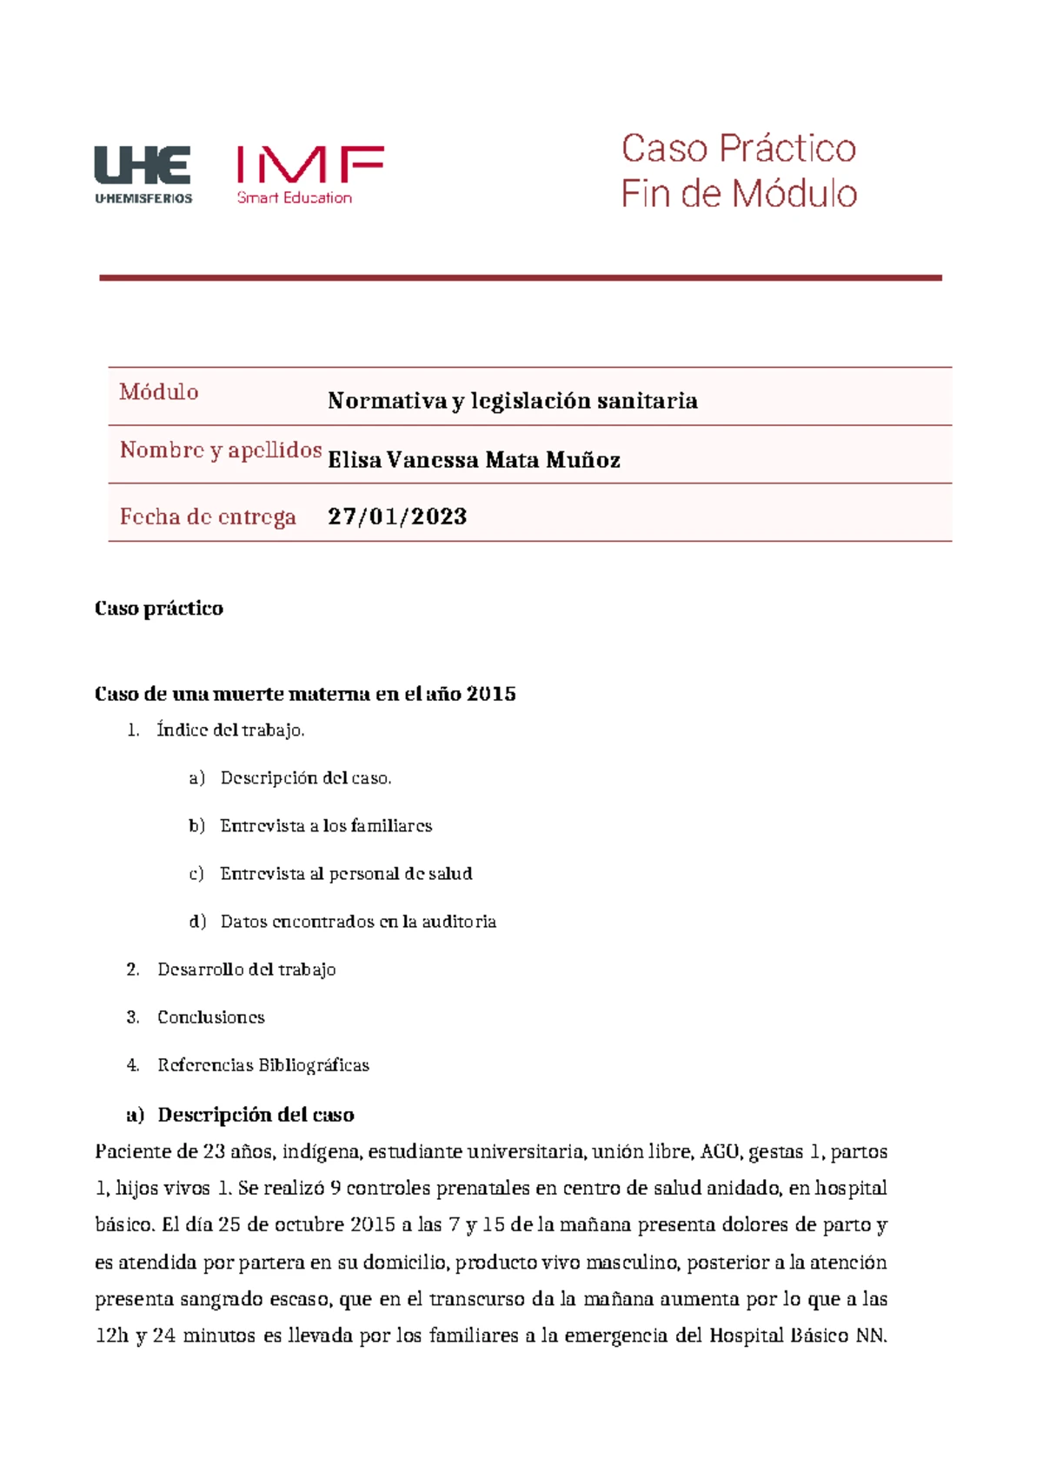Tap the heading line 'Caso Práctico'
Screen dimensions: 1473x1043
[738, 149]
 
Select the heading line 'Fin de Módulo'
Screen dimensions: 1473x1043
[739, 194]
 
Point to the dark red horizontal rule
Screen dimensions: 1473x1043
[520, 277]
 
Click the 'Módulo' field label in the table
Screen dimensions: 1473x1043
[159, 392]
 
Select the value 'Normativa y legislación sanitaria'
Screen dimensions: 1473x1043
[512, 401]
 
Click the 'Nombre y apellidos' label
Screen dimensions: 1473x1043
[221, 450]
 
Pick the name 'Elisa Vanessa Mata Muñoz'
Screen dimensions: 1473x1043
[474, 460]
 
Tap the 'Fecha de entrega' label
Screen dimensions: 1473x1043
[208, 517]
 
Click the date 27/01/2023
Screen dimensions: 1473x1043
[397, 517]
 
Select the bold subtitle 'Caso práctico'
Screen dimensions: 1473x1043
[158, 609]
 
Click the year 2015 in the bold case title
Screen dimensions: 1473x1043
[491, 694]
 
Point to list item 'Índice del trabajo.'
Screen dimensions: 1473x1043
[230, 730]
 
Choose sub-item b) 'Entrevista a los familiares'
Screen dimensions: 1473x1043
[326, 826]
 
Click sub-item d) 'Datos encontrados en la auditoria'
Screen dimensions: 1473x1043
[357, 922]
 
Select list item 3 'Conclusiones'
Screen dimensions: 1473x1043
[210, 1017]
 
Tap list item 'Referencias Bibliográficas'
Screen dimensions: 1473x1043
[262, 1065]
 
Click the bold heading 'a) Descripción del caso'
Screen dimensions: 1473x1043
[240, 1115]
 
